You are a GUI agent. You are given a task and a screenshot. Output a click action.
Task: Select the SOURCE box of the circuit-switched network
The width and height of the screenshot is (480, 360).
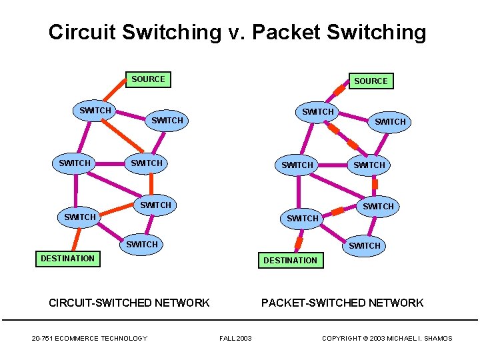pyautogui.click(x=147, y=79)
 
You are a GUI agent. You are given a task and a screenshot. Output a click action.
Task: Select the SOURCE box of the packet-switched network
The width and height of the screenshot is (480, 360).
pyautogui.click(x=371, y=81)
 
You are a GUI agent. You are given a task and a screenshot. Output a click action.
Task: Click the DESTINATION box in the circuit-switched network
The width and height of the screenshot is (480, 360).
pyautogui.click(x=67, y=258)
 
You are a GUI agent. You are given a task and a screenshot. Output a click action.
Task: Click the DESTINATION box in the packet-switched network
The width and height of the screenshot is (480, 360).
pyautogui.click(x=290, y=260)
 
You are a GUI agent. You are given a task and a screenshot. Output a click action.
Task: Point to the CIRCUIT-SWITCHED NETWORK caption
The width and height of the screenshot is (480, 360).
pyautogui.click(x=129, y=303)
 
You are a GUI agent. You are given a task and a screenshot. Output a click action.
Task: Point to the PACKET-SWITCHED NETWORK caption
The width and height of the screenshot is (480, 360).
pyautogui.click(x=342, y=303)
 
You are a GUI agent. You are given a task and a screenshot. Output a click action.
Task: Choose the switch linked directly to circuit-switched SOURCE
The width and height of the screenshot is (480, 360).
pyautogui.click(x=95, y=110)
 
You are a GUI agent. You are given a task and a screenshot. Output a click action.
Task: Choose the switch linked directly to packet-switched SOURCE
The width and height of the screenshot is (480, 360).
pyautogui.click(x=318, y=112)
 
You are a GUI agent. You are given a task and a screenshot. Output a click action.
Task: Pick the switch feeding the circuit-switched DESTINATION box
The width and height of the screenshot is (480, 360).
pyautogui.click(x=80, y=217)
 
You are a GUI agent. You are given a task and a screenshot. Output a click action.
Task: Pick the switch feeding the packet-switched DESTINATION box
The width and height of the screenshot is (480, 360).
pyautogui.click(x=302, y=219)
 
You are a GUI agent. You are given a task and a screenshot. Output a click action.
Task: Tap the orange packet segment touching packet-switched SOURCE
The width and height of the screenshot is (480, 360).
pyautogui.click(x=341, y=87)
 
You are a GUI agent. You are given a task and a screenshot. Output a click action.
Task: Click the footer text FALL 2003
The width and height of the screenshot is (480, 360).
pyautogui.click(x=235, y=339)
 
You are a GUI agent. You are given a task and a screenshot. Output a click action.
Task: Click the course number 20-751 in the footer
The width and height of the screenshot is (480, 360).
pyautogui.click(x=43, y=339)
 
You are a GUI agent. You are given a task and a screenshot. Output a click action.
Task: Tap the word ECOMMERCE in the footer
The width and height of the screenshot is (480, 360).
pyautogui.click(x=79, y=339)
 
